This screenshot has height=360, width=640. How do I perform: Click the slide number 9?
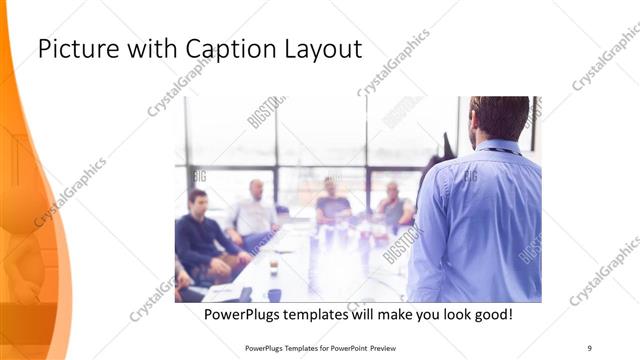tap(589, 347)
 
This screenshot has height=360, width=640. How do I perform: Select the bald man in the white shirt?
tap(254, 211)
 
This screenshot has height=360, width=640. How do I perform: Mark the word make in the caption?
tap(399, 315)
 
